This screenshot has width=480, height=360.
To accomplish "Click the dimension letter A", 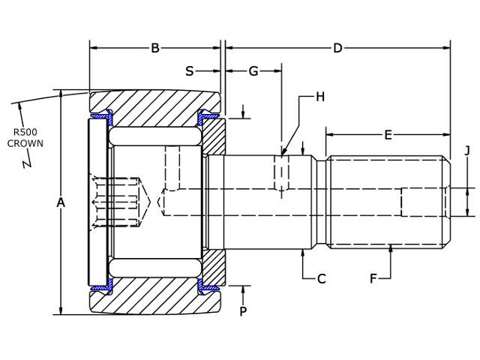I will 61,202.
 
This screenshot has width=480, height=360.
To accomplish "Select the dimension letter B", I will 155,49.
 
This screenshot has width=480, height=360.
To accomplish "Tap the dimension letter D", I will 337,49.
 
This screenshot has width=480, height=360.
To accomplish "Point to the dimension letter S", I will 189,71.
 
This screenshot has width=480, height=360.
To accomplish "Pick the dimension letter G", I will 253,71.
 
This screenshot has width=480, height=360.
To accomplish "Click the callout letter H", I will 320,97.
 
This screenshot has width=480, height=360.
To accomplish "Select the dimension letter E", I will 388,135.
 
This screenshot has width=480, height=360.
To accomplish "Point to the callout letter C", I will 321,279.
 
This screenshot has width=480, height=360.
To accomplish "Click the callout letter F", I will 373,279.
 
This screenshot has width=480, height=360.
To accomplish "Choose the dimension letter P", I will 242,311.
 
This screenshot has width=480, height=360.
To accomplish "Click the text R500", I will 25,131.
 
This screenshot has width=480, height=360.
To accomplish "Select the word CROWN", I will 25,143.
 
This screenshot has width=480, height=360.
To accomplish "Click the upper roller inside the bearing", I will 154,136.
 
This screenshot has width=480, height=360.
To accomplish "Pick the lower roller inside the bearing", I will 154,268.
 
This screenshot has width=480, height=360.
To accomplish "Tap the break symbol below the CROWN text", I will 27,160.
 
